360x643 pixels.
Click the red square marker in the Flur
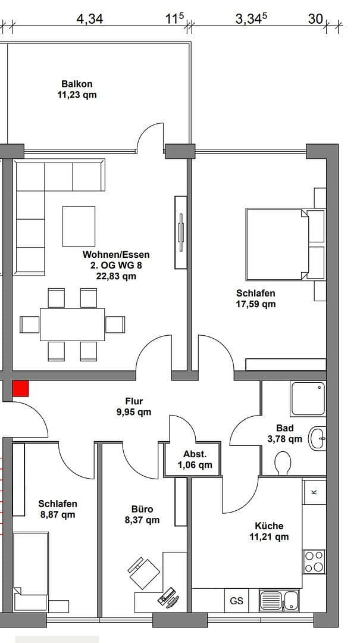(20, 389)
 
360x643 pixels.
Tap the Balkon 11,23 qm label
(77, 89)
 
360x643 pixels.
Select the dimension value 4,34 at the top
(89, 19)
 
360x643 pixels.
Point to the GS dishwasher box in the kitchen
(236, 601)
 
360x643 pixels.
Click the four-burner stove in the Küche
(315, 561)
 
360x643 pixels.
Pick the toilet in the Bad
(283, 463)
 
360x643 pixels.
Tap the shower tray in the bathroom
(308, 399)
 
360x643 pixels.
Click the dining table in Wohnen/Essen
(72, 324)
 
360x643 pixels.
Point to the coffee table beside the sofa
(79, 226)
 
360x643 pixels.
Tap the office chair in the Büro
(144, 573)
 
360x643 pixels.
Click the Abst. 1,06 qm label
(195, 460)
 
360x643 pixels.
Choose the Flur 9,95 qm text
(134, 407)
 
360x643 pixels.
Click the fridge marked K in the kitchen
(314, 492)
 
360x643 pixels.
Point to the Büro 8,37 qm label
(142, 514)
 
